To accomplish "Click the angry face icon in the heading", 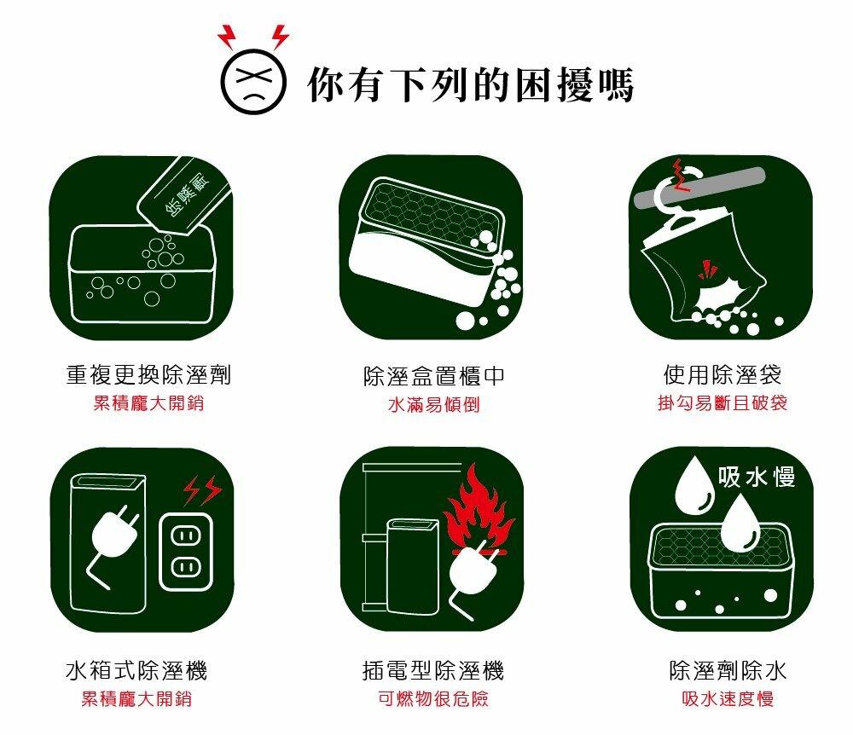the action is point(253,82).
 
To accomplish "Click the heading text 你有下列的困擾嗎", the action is point(471,84).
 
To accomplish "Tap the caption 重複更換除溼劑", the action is point(148,374).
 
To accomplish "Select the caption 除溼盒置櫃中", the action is point(434,376).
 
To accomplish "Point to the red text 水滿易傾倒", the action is point(434,404).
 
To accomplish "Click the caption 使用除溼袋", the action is point(722,374).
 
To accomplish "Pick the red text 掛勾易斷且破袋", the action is point(722,402).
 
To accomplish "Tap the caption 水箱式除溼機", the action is point(136,670).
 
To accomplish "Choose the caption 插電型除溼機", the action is point(433,670).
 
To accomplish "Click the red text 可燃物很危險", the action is point(433,698).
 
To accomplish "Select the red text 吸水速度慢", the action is point(728,698).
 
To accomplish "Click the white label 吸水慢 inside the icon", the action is point(757,477).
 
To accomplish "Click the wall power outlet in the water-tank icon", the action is point(186,552).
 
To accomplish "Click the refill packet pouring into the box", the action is point(184,196).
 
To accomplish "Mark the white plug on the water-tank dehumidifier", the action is point(113,540).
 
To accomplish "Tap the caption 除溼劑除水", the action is point(728,670).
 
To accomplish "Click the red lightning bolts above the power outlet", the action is point(202,490).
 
